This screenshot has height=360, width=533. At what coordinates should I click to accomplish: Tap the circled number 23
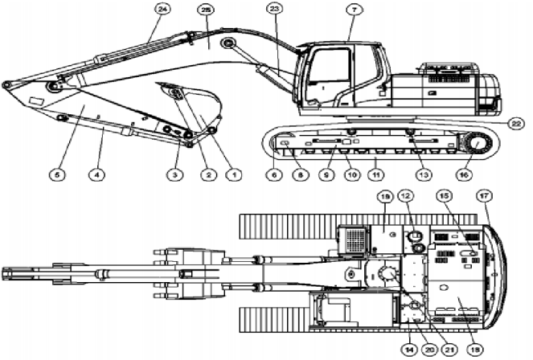click(x=274, y=9)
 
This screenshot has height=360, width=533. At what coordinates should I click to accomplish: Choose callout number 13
click(x=417, y=173)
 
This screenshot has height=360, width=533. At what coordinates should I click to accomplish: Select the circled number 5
click(x=56, y=173)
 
